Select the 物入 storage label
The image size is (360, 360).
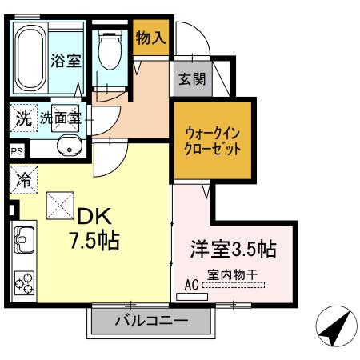[x=150, y=37]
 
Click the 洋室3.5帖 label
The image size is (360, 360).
[x=232, y=249]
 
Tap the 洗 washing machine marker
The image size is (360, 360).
[x=24, y=118]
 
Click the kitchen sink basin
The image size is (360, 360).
[x=22, y=239]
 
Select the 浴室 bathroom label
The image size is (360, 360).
[x=66, y=61]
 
